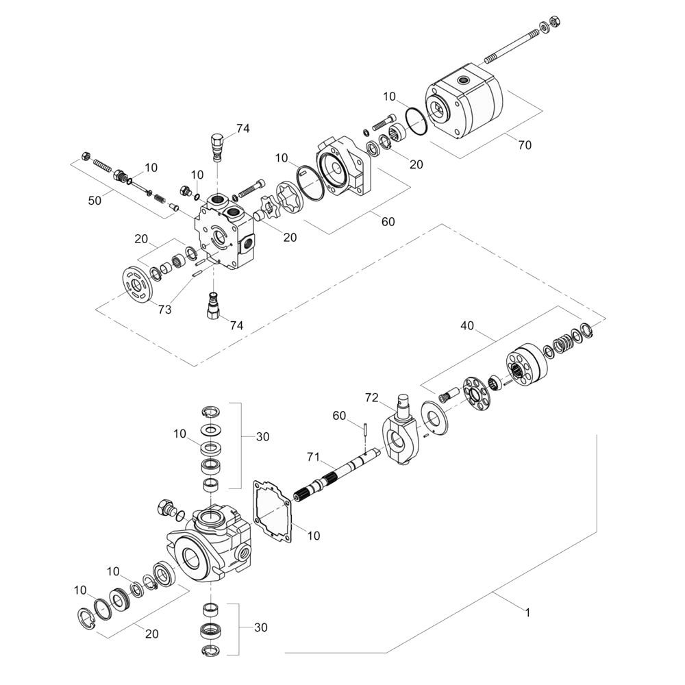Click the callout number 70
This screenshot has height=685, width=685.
[525, 145]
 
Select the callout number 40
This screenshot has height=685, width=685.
[467, 327]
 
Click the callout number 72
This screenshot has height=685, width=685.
[372, 397]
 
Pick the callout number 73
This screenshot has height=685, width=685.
[164, 310]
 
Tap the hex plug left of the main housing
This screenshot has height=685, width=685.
[165, 508]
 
